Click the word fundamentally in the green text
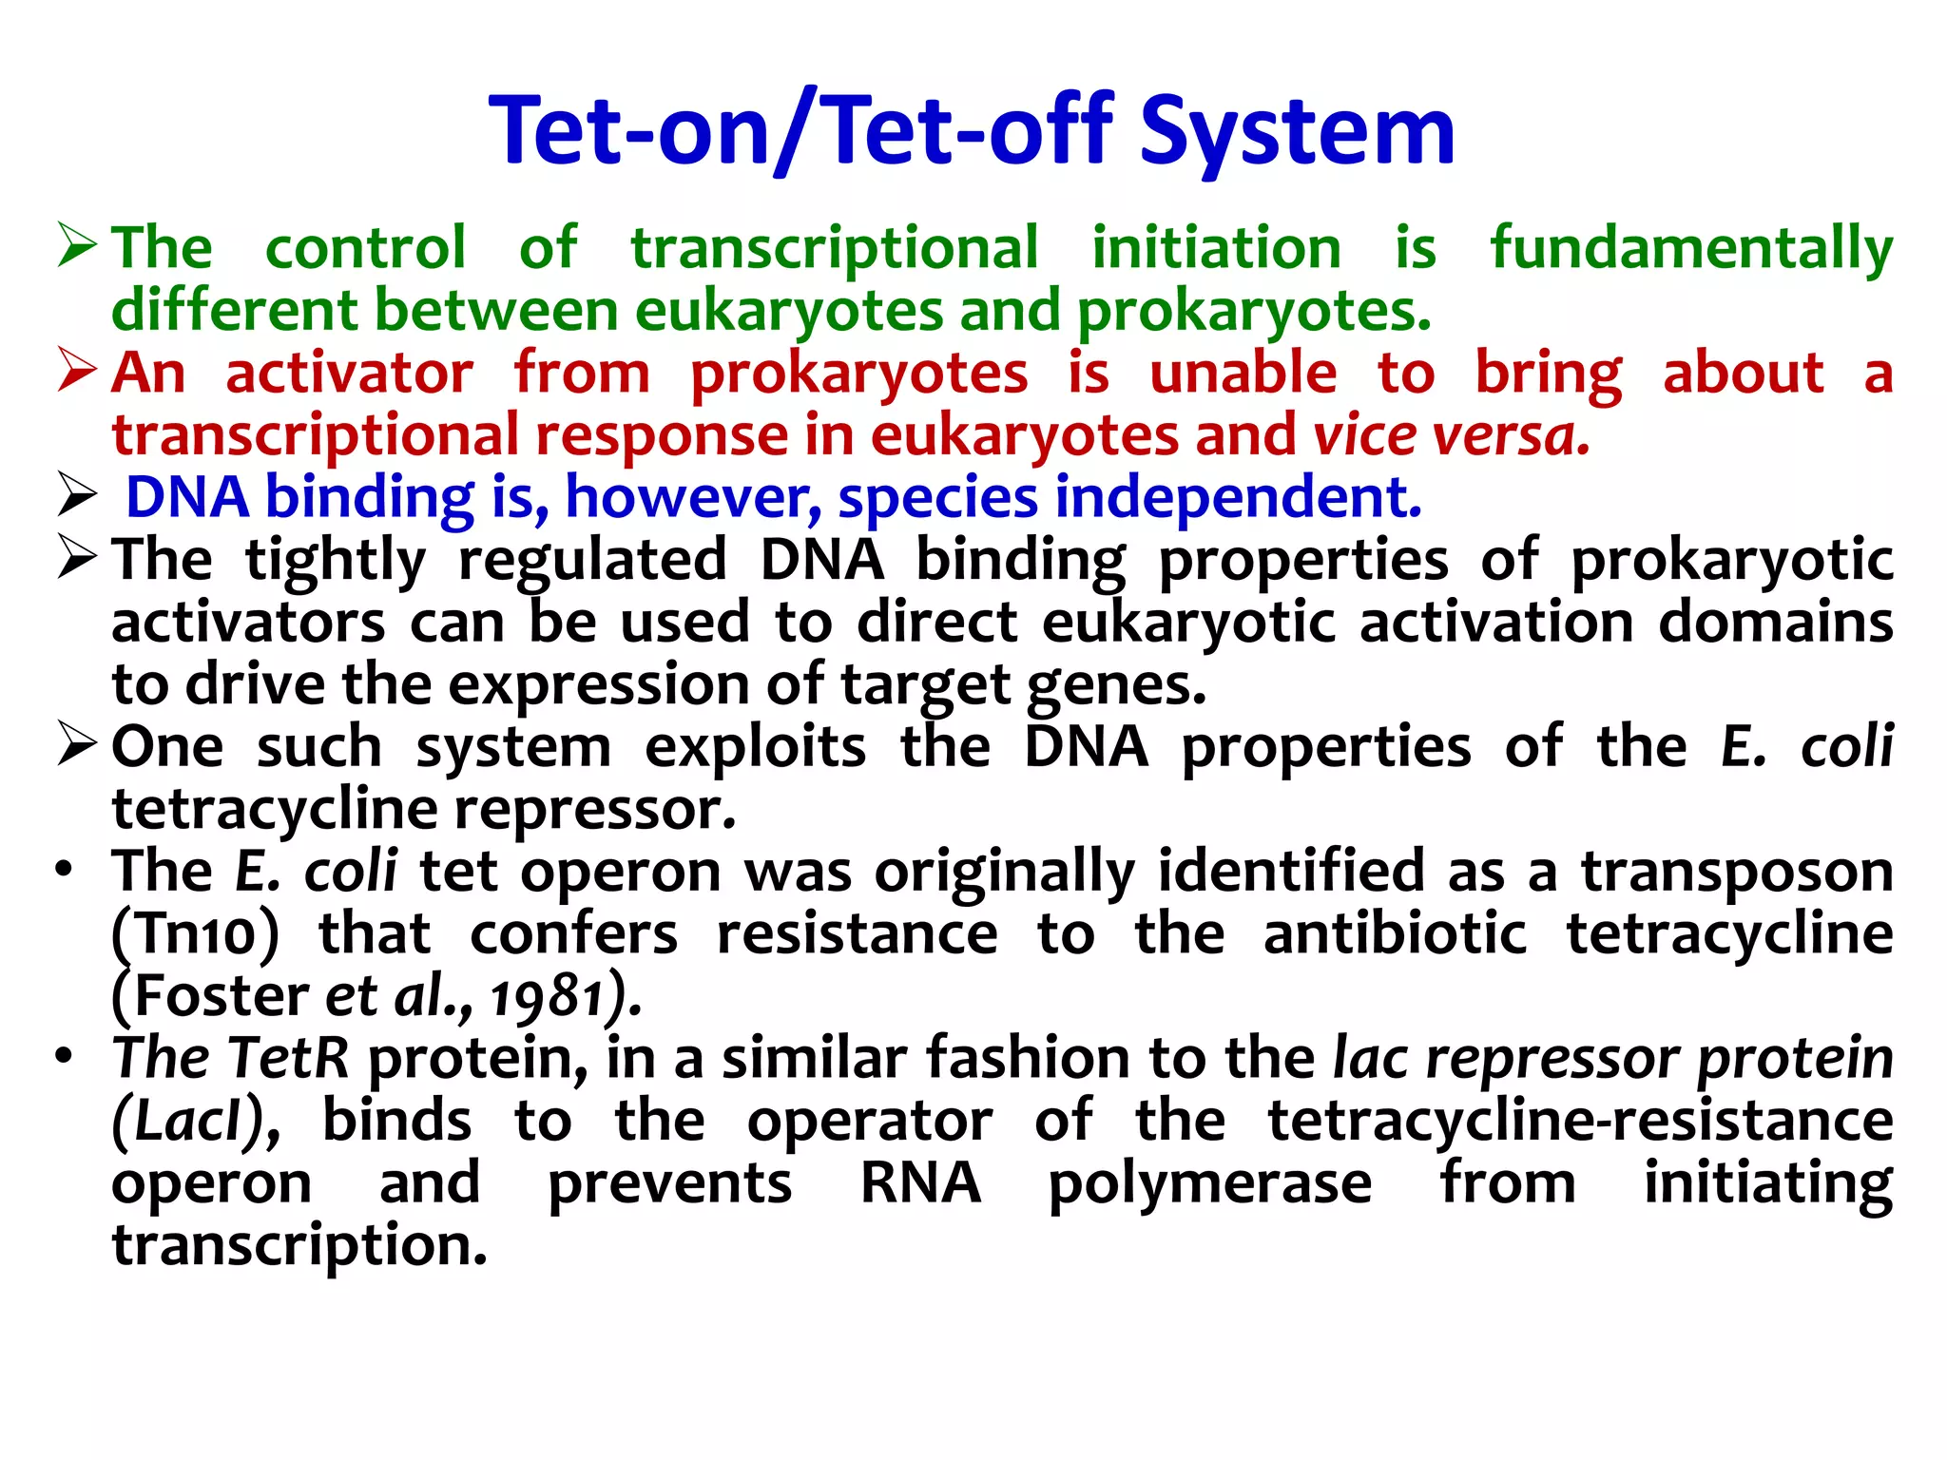tap(1691, 248)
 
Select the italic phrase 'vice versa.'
tap(1451, 435)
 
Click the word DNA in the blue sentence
tap(187, 497)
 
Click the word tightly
tap(336, 560)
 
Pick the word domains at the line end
tap(1775, 622)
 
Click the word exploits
tap(755, 747)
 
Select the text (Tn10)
tap(196, 934)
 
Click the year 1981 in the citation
tap(548, 997)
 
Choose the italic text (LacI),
tap(196, 1122)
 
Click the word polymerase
tap(1209, 1184)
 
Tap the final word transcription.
tap(299, 1246)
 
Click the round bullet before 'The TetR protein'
tap(64, 1057)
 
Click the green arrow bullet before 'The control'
tap(77, 245)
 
